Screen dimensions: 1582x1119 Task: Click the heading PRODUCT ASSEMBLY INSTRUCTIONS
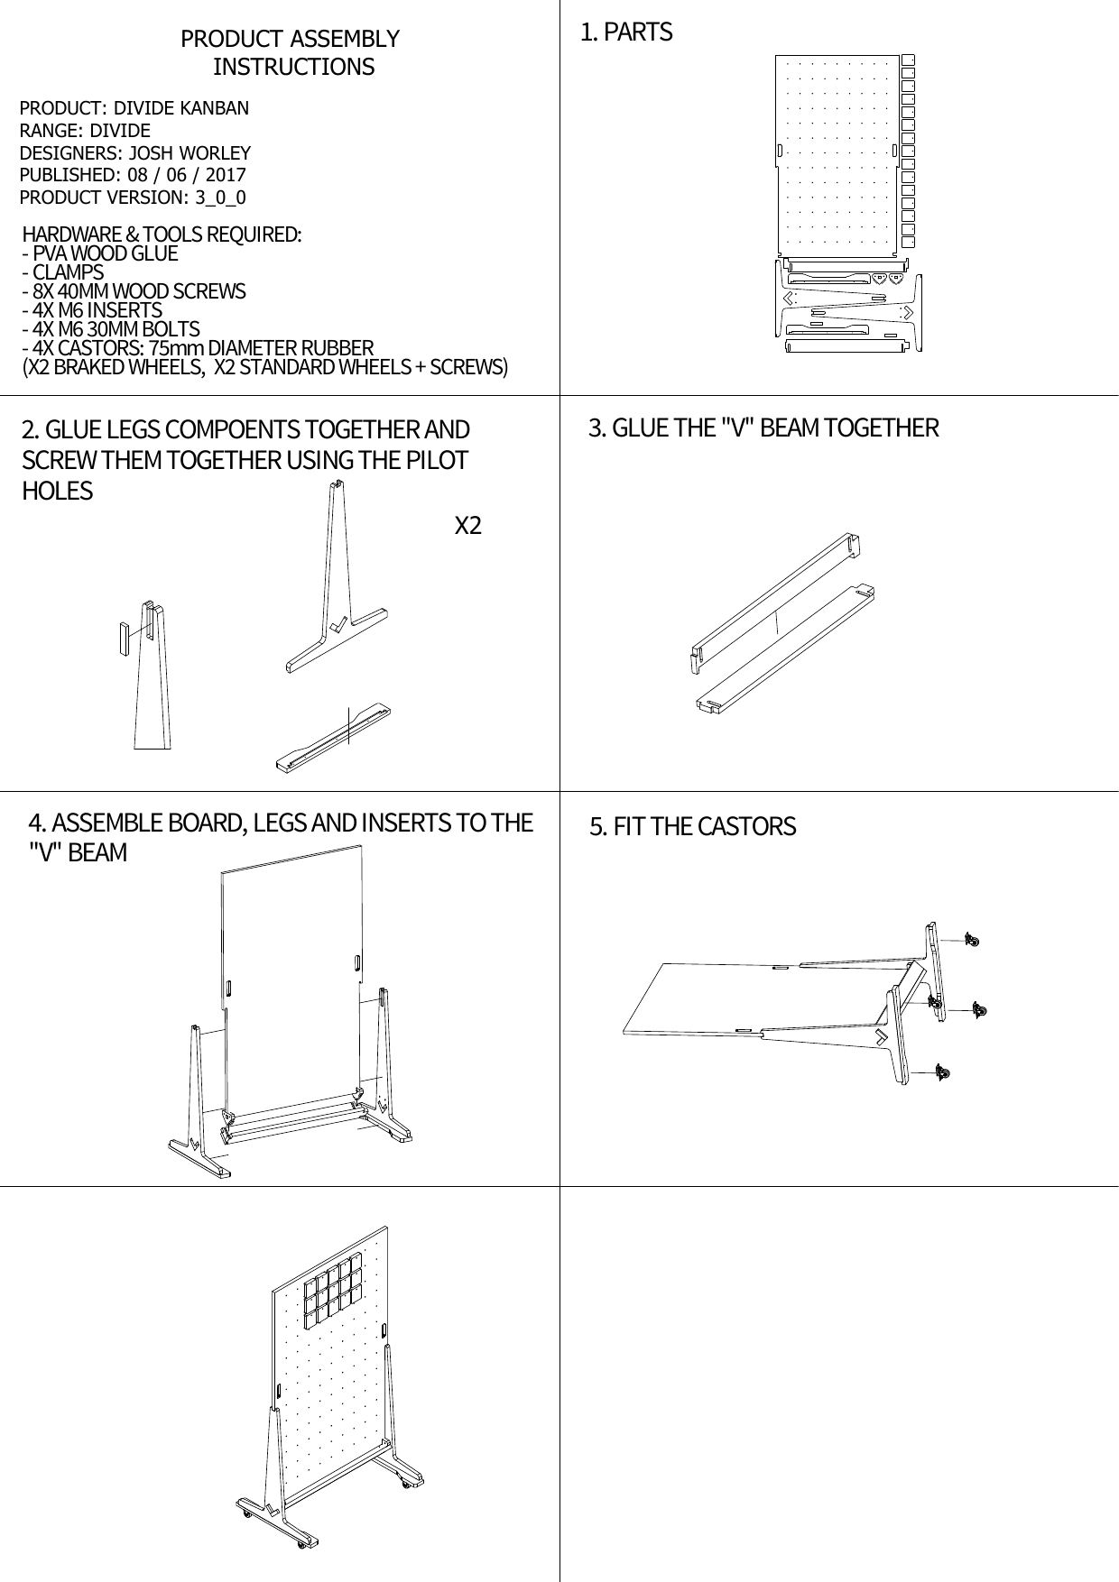tap(291, 52)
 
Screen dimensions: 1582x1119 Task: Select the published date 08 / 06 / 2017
tap(187, 175)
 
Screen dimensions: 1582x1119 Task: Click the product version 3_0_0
tap(220, 198)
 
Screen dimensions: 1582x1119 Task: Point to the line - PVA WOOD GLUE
tap(100, 253)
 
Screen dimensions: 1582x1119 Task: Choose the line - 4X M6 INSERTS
tap(92, 310)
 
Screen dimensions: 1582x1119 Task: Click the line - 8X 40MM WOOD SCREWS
tap(134, 291)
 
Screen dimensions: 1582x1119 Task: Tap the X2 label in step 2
tap(467, 526)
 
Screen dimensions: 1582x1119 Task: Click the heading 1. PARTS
tap(626, 32)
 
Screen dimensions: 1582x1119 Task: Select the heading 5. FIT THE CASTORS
tap(692, 826)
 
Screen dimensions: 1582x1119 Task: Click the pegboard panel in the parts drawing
tap(837, 152)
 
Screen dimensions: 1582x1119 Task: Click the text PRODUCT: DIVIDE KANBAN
tap(134, 108)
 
